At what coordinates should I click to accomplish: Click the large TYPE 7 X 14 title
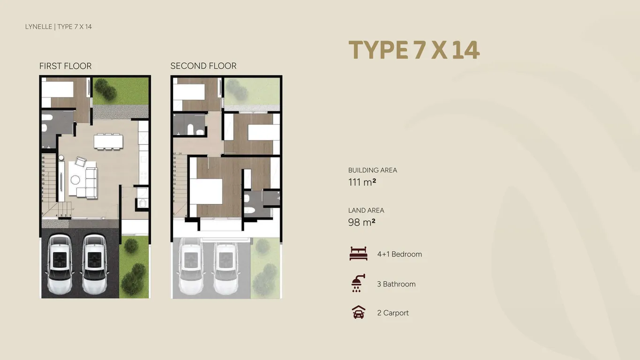click(414, 50)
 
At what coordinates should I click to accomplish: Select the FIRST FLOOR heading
click(65, 66)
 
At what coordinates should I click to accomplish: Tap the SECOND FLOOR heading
click(203, 66)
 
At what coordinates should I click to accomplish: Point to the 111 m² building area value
click(362, 182)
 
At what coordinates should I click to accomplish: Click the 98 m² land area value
click(361, 222)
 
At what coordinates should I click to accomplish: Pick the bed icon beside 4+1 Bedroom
click(358, 254)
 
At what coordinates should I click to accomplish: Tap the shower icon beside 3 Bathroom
click(357, 284)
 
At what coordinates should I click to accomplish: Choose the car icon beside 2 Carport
click(358, 313)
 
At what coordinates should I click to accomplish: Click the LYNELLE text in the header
click(38, 27)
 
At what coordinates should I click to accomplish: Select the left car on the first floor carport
click(60, 264)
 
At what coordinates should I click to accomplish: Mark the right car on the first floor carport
click(94, 264)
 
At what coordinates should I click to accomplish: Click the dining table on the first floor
click(108, 141)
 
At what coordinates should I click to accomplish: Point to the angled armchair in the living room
click(81, 162)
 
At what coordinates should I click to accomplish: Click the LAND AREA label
click(366, 210)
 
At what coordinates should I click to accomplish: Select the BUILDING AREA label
click(372, 170)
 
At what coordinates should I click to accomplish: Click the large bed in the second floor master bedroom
click(206, 191)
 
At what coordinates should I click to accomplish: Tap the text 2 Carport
click(393, 313)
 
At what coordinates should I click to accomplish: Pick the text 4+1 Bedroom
click(399, 254)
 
